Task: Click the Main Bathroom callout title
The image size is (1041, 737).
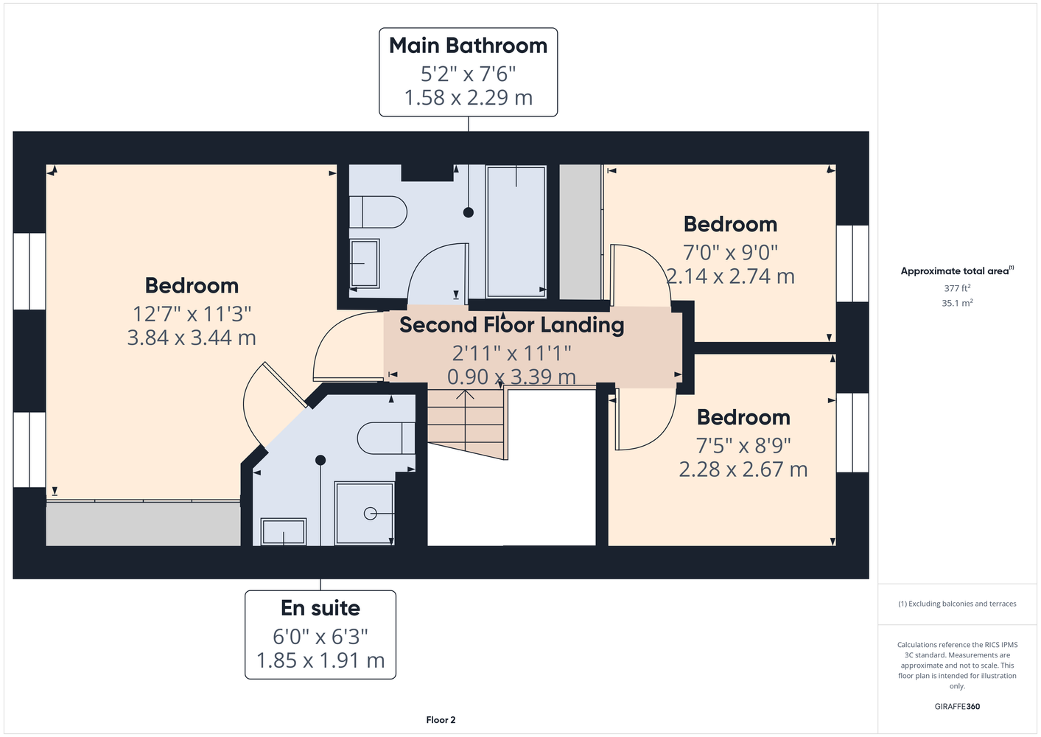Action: point(468,46)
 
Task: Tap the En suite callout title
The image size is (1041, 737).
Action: point(320,608)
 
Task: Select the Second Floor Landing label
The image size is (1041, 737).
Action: point(512,325)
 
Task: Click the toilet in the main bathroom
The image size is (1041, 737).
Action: point(378,212)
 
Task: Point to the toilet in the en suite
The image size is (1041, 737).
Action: point(386,438)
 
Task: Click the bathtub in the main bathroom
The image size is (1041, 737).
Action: point(516,231)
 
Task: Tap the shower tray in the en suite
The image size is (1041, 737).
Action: point(365,514)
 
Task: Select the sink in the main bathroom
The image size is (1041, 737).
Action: point(365,263)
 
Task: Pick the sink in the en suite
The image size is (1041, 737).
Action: point(284,531)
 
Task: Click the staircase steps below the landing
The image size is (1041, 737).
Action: point(466,422)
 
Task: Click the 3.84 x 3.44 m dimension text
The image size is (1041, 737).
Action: point(192,338)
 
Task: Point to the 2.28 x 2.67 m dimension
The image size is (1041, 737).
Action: point(743,469)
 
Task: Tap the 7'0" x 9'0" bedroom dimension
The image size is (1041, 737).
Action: point(730,253)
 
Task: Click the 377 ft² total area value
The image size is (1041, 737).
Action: point(957,288)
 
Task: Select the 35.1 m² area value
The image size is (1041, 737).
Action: point(957,303)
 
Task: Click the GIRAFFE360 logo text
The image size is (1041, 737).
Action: point(957,706)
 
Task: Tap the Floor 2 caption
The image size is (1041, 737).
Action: point(441,720)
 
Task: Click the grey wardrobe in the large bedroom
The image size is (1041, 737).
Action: point(143,523)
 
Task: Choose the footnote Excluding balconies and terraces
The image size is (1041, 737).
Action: point(957,604)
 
